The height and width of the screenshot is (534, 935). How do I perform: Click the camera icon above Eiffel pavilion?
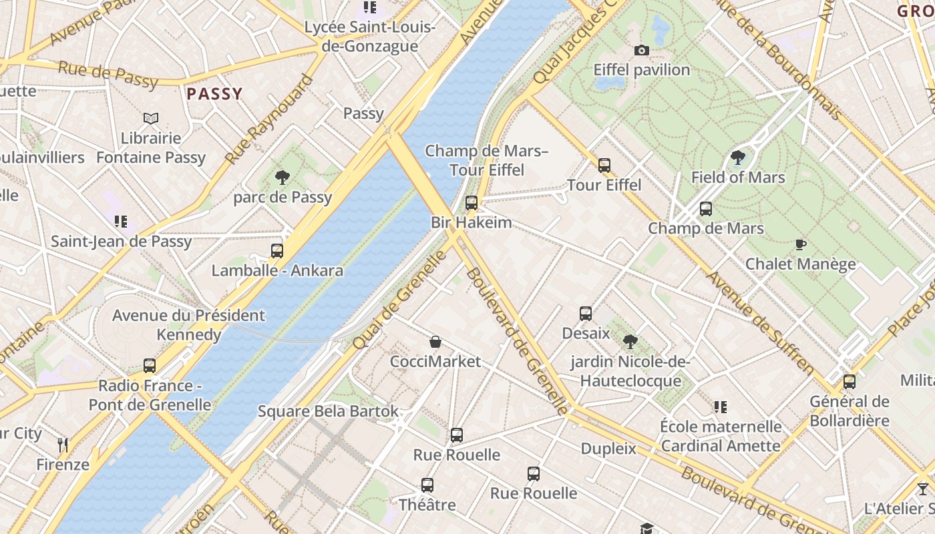pos(641,50)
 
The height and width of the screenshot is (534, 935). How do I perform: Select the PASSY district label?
pos(214,94)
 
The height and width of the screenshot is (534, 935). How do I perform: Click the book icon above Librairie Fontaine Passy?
pos(152,119)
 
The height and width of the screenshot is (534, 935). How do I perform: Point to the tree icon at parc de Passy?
pos(283,178)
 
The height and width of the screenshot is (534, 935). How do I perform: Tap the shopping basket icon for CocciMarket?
pos(435,342)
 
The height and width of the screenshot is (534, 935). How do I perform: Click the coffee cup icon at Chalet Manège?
pos(801,245)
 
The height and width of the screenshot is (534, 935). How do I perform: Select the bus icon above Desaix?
pos(586,314)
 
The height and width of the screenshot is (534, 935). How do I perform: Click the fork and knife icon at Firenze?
pos(63,445)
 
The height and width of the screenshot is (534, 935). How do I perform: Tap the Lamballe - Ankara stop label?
pos(277,270)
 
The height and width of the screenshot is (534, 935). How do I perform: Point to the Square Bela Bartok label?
pos(328,411)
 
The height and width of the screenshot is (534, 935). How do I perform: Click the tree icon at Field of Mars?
pos(738,158)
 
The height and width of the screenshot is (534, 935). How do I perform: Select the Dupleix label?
pos(608,449)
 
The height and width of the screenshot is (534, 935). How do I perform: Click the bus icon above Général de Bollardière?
pos(849,382)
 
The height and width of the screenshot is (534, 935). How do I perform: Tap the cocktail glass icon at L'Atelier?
pos(923,489)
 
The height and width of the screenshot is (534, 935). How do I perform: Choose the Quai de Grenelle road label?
pos(399,300)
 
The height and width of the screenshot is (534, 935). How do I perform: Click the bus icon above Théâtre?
pos(427,485)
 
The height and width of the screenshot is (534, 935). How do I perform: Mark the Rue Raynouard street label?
pos(268,120)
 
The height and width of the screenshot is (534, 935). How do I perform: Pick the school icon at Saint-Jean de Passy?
pos(121,222)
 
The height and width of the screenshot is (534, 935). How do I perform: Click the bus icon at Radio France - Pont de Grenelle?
pos(150,366)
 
